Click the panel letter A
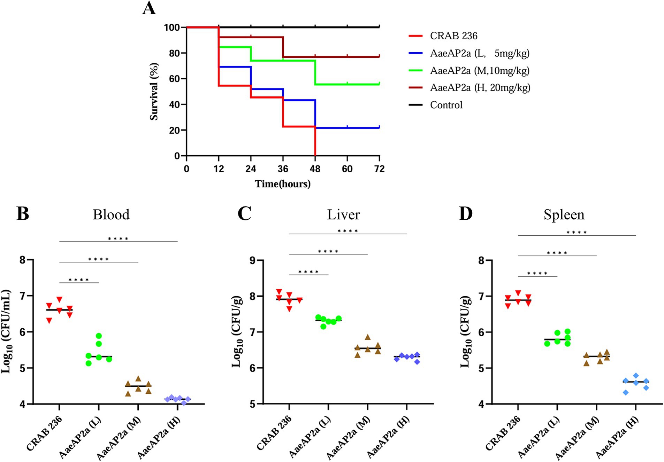point(149,8)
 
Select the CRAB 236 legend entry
point(453,36)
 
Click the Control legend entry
point(446,105)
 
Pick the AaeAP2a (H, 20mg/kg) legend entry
point(480,87)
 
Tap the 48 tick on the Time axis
point(315,169)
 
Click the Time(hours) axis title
point(282,184)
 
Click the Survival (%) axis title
point(154,92)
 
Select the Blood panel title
point(111,214)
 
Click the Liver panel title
point(343,214)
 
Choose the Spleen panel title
point(564,214)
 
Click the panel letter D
point(465,213)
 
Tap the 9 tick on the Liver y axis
point(252,260)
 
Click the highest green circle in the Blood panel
point(99,336)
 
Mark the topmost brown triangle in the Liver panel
point(367,337)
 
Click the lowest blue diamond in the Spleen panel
point(626,392)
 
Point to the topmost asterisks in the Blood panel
point(118,239)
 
